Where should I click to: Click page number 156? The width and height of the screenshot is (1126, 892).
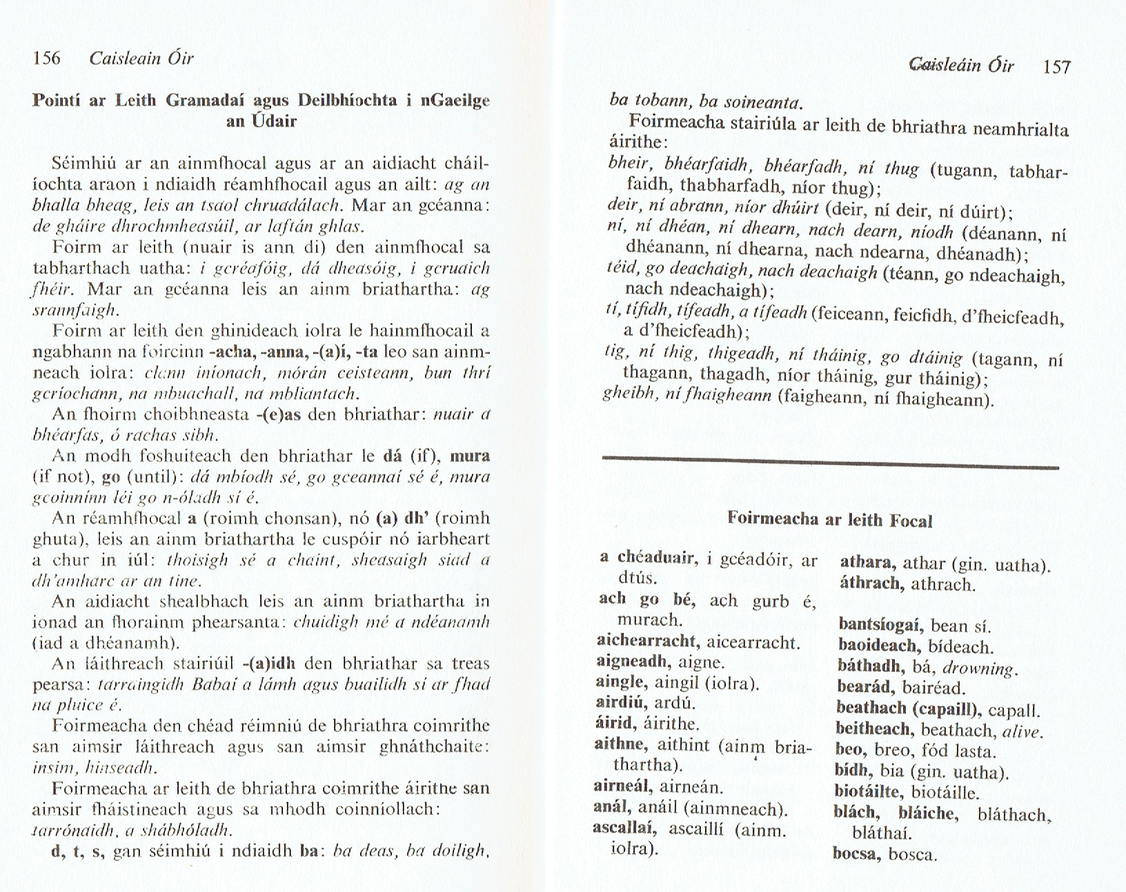click(x=47, y=58)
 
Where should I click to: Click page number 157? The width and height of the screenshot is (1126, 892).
click(x=1056, y=67)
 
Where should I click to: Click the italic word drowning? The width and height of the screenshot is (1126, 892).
click(x=980, y=668)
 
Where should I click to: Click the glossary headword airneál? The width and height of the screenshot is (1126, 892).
click(x=623, y=786)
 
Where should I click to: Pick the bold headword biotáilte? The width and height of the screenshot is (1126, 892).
click(x=868, y=793)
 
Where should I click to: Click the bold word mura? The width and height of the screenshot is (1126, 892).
click(x=470, y=456)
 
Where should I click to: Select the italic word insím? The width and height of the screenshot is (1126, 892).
click(x=48, y=767)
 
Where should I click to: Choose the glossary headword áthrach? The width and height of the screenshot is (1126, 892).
click(x=871, y=584)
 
